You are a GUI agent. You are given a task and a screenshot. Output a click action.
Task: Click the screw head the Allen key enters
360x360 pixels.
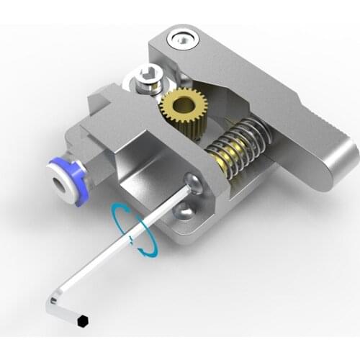coord(191,184)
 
